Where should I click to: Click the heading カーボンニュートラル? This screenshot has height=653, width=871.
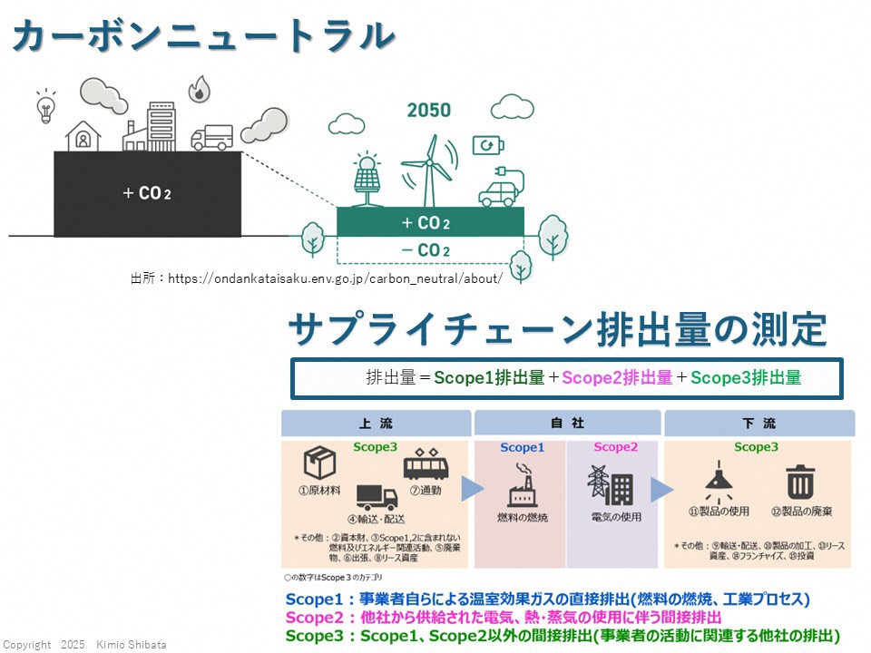(205, 37)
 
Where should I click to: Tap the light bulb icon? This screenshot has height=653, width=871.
(45, 106)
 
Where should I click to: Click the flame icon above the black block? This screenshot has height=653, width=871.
(198, 90)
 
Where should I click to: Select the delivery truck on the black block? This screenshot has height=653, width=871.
(211, 137)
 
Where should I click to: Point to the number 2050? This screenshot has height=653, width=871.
(428, 111)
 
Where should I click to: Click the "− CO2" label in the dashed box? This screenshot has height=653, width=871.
(426, 249)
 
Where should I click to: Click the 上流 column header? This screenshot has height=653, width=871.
(376, 424)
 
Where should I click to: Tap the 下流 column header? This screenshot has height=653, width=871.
(758, 424)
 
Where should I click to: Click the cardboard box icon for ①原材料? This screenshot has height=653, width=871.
(319, 463)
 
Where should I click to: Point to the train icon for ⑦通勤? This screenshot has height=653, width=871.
(426, 464)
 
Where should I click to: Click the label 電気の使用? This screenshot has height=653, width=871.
(616, 518)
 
